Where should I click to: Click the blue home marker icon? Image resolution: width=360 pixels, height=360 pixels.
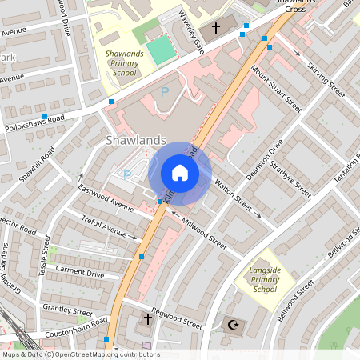pyautogui.click(x=180, y=174)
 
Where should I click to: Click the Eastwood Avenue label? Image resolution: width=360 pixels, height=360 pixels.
pyautogui.click(x=105, y=198)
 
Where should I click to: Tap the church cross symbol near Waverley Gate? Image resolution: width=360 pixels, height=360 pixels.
pyautogui.click(x=215, y=29)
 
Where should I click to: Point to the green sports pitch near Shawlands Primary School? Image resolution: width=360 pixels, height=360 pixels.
pyautogui.click(x=160, y=50)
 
